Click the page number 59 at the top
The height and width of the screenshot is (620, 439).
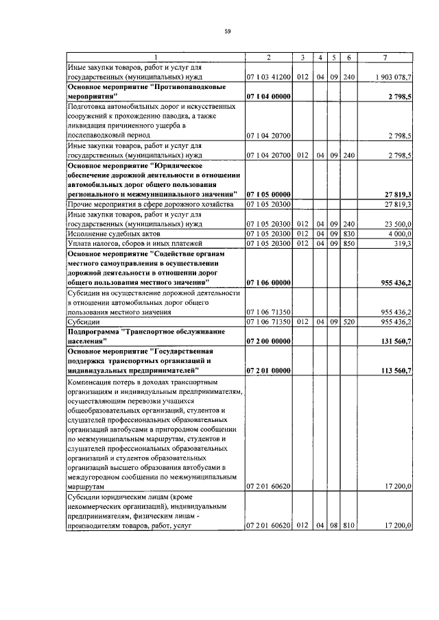pyautogui.click(x=226, y=31)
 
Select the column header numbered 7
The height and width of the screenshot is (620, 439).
pyautogui.click(x=389, y=57)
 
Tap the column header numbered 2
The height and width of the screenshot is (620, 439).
pyautogui.click(x=269, y=57)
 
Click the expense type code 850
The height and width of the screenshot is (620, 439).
pyautogui.click(x=349, y=243)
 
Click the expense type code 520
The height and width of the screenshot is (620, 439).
pyautogui.click(x=349, y=321)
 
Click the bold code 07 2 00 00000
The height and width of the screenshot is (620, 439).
pyautogui.click(x=269, y=340)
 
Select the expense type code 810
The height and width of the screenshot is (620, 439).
pyautogui.click(x=349, y=525)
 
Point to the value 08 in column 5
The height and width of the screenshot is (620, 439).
pyautogui.click(x=334, y=525)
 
